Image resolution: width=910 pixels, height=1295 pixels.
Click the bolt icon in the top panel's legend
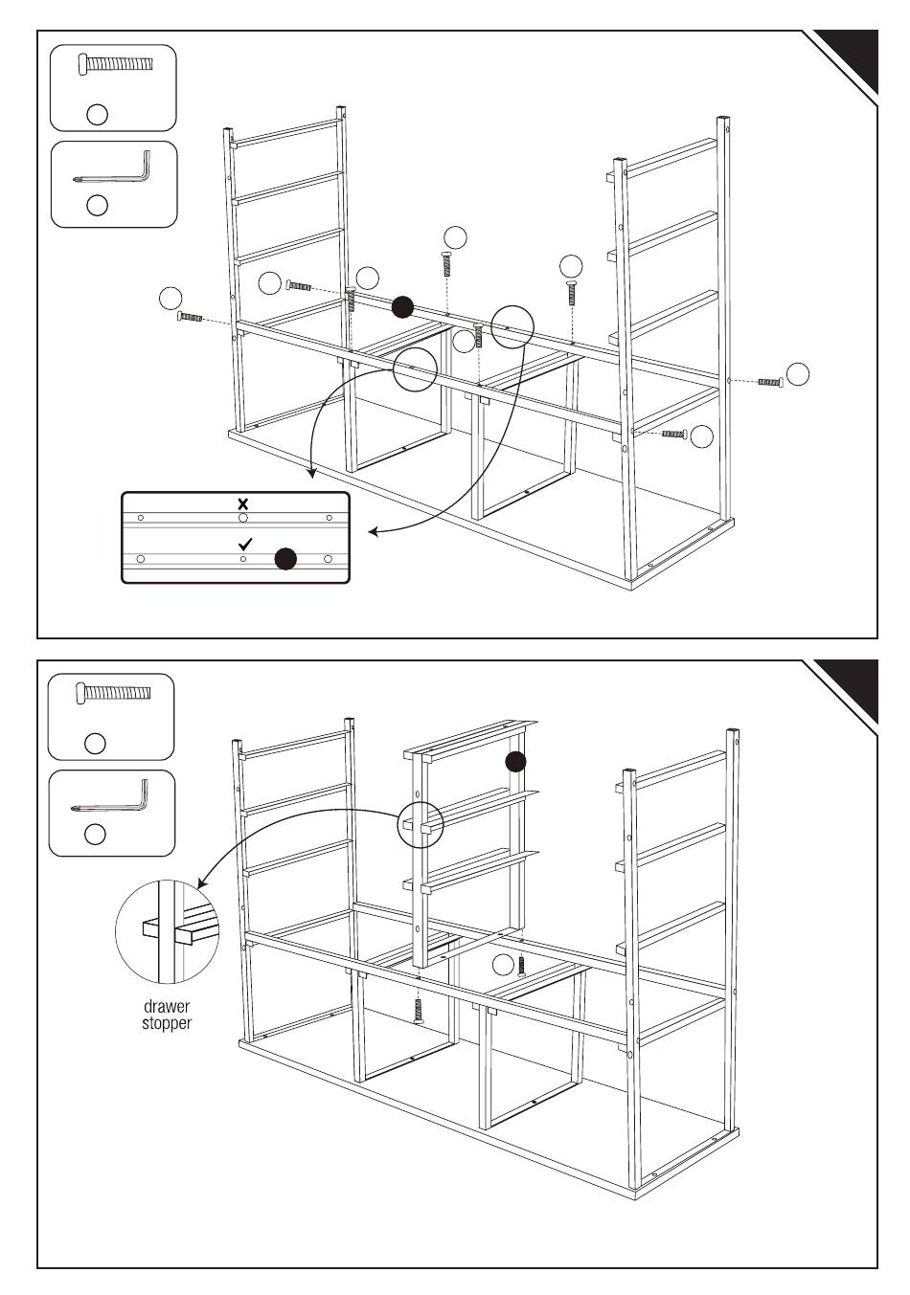tap(113, 64)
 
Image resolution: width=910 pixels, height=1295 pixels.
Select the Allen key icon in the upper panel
tap(113, 170)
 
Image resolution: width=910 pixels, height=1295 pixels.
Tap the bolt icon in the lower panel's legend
tap(113, 693)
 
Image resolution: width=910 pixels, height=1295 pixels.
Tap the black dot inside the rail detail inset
tap(285, 559)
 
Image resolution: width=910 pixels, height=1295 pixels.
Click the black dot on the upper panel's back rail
tap(403, 307)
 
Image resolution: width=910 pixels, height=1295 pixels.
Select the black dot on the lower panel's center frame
tap(515, 761)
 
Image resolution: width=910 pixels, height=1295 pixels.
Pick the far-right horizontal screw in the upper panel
tap(770, 382)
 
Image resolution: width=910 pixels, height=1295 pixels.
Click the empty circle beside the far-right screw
tap(797, 374)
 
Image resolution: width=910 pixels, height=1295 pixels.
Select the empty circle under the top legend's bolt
tap(97, 114)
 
